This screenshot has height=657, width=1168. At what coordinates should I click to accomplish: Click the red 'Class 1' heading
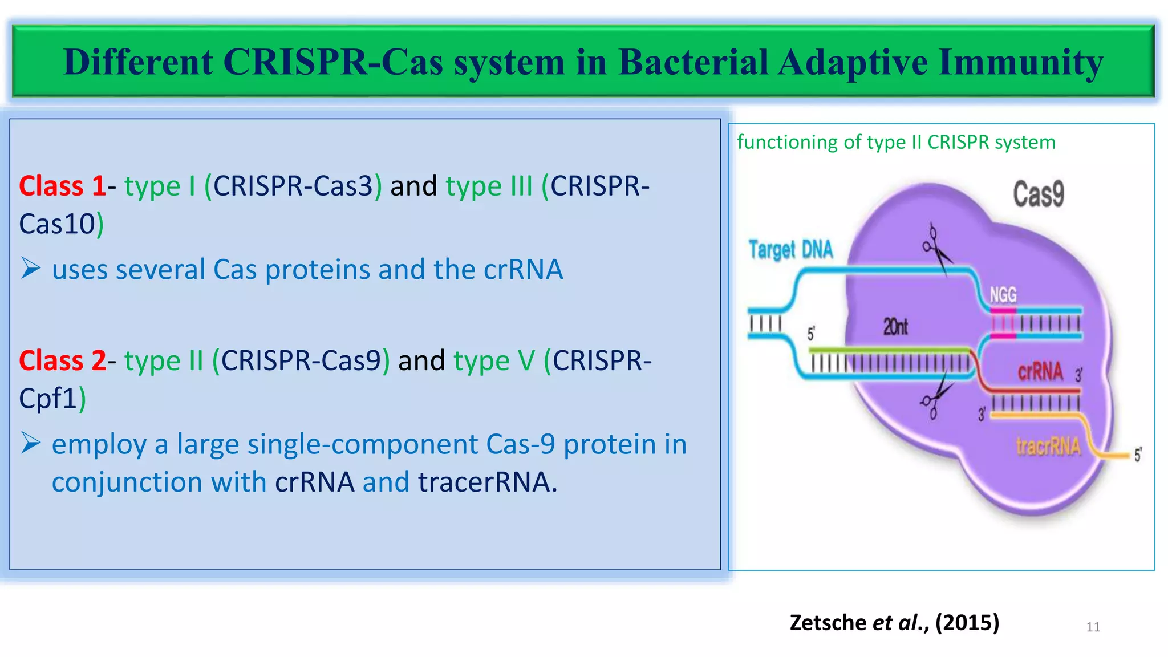click(62, 186)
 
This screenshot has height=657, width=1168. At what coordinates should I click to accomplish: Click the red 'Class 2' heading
click(62, 361)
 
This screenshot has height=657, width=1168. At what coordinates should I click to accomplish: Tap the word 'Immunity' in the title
click(1020, 62)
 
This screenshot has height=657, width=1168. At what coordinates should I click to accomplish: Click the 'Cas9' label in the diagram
click(1038, 194)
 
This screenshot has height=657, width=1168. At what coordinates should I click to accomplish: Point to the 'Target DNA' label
click(790, 250)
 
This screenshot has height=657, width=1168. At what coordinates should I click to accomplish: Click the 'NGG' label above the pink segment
click(1003, 295)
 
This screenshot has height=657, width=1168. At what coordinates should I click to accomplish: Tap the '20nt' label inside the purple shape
click(895, 327)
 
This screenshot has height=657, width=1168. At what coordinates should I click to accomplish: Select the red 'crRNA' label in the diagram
click(1040, 372)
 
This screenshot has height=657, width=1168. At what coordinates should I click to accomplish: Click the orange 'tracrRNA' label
click(1048, 447)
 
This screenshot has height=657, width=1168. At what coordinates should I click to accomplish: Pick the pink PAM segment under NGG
click(1003, 323)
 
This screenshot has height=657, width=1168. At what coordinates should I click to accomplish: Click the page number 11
click(1093, 627)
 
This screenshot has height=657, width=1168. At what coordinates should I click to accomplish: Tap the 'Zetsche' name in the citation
click(828, 622)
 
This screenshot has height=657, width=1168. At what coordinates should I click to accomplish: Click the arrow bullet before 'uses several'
click(31, 268)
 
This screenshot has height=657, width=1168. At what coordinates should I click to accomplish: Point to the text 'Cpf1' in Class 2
click(48, 399)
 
